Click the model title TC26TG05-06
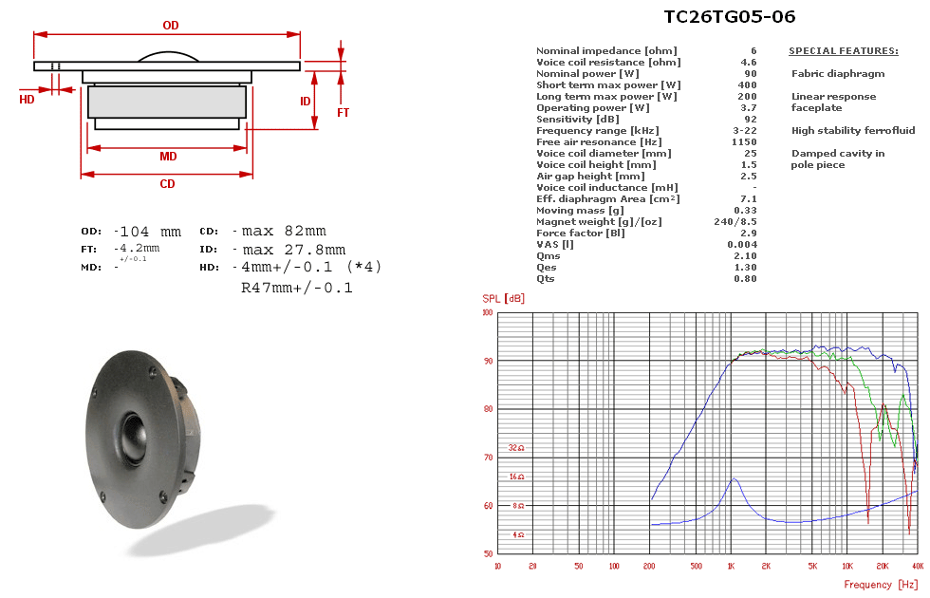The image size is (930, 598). tap(729, 17)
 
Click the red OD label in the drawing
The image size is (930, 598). tap(171, 26)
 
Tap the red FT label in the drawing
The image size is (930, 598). tap(344, 112)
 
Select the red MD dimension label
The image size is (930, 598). tap(168, 157)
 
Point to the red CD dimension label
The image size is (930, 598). tap(167, 184)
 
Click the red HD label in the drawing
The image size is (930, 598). tap(27, 99)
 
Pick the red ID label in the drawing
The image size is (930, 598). tap(305, 102)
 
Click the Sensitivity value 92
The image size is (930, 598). tap(751, 120)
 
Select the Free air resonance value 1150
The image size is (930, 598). tap(744, 141)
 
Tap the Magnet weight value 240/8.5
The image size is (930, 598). tap(735, 221)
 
